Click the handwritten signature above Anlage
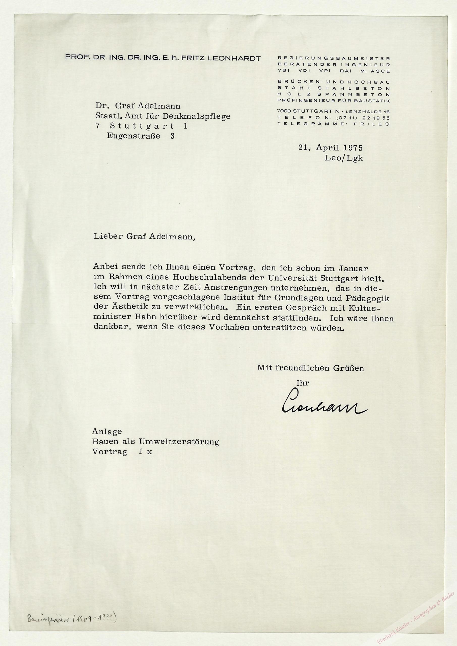pos(324,406)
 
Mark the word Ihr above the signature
pos(303,383)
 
